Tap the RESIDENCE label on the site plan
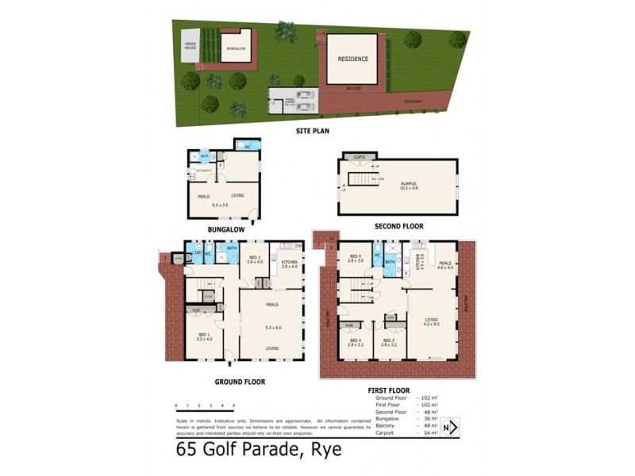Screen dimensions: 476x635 coord(352,59)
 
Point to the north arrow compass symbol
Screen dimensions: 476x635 coord(450,428)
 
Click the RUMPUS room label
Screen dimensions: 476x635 coord(409,185)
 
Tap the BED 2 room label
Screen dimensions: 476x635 coord(255,259)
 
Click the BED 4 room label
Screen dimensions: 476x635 coord(355,342)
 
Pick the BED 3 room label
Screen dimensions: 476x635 coord(387,342)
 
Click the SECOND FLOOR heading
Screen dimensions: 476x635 coord(398,226)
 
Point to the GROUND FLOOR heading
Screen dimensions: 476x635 coord(240,382)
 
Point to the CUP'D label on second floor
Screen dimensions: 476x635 coord(359,157)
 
